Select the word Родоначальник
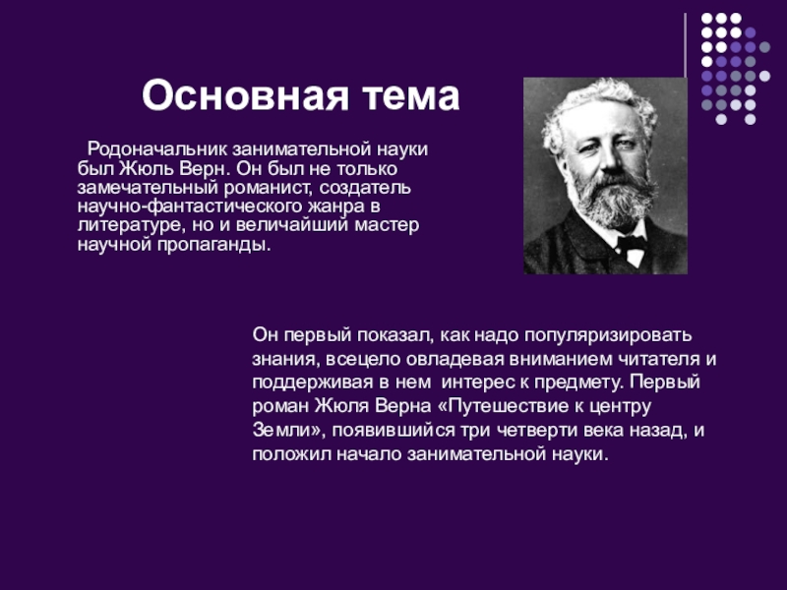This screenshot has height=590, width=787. (x=157, y=149)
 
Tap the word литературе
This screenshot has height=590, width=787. (x=132, y=225)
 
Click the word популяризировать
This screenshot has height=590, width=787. (x=608, y=335)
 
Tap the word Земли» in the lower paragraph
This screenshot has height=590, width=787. (x=286, y=431)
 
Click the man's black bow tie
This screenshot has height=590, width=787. (x=631, y=244)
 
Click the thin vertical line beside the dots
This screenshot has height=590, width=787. (x=685, y=45)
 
